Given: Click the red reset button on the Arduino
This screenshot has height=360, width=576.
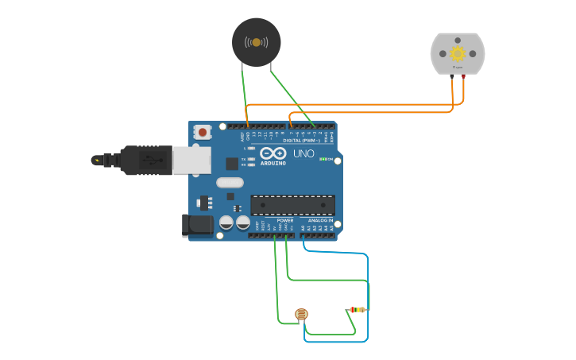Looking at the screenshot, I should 203,132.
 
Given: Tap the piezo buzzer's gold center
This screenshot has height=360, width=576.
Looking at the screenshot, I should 256,42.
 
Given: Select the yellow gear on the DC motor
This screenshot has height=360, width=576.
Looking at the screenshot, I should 458,53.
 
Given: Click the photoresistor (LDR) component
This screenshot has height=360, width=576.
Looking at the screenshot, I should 301,315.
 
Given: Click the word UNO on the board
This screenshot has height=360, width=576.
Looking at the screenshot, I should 303,153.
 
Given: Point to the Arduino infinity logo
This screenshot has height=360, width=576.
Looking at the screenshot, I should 273,154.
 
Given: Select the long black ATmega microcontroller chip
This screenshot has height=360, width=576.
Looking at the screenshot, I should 292,204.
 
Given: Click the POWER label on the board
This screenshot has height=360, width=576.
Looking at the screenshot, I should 284,220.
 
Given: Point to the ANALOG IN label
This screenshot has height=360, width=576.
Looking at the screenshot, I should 321,220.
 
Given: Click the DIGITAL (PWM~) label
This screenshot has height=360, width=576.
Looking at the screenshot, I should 302,141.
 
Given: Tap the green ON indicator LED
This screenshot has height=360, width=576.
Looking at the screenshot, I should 323,159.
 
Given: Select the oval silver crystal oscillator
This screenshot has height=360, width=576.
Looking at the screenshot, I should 230,182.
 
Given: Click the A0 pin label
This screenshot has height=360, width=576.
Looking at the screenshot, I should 303,228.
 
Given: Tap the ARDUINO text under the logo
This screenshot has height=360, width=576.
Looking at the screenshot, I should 273,164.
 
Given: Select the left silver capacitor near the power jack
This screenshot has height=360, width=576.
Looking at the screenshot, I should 226,223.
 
